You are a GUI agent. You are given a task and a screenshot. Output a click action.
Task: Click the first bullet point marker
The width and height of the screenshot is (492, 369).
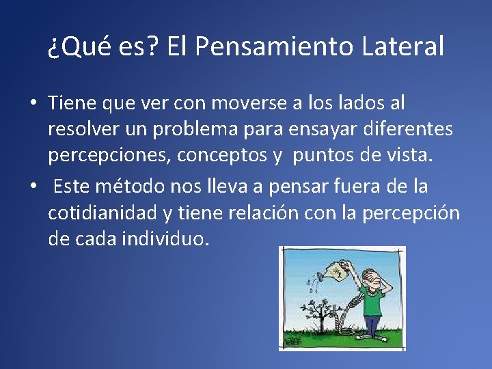[x=33, y=104]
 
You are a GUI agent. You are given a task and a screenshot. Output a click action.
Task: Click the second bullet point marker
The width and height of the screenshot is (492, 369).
[x=33, y=187]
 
